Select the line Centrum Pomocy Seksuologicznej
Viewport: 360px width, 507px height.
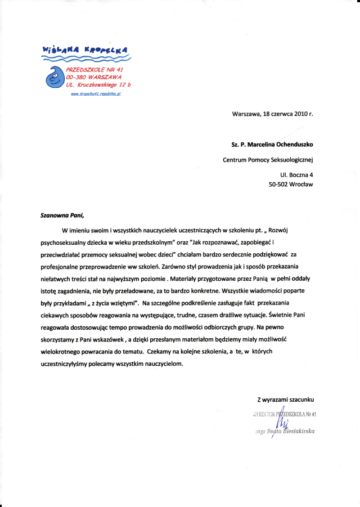tap(268, 159)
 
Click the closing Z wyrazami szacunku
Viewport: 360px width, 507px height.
tap(285, 400)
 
